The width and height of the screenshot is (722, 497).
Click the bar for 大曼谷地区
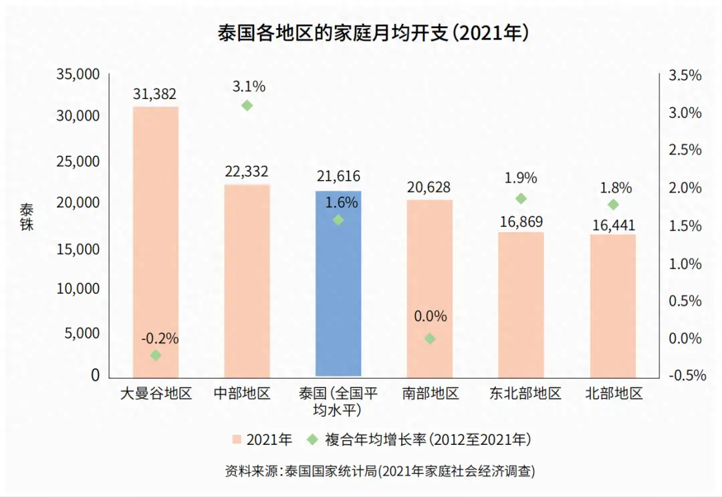pos(156,241)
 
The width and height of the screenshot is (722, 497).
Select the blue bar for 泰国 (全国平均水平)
pos(338,294)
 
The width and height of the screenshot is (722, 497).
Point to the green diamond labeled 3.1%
pos(247,106)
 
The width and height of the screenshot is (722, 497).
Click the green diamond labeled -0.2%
pos(156,355)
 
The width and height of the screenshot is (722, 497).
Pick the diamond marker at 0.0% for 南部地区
pos(430,339)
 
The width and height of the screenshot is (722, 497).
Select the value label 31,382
pos(154,94)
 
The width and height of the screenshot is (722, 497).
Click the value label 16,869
pos(521,221)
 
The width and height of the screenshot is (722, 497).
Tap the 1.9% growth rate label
pos(521,179)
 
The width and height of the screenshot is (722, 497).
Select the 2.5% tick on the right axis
pos(685,150)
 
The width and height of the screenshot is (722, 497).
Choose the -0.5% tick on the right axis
pos(684,375)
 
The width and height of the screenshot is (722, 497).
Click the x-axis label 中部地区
pos(247,393)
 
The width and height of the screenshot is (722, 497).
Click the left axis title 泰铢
pos(26,216)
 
